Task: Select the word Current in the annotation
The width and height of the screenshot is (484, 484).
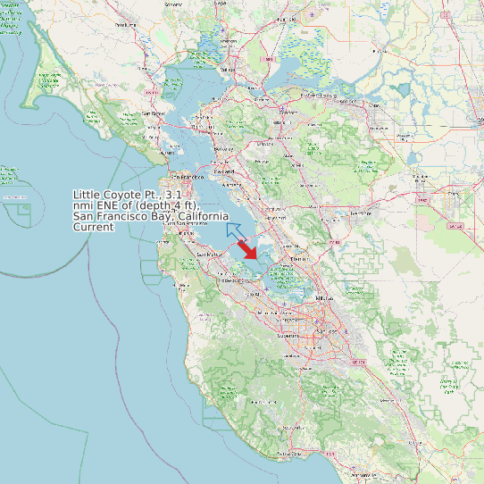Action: coord(93,228)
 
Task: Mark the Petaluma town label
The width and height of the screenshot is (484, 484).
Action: coord(126,25)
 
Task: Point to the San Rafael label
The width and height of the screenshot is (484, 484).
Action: coord(153,113)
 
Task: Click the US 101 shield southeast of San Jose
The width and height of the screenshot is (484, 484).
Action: coord(360,362)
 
